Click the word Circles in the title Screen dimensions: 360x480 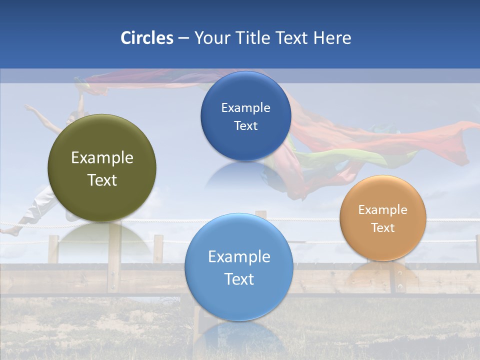(146, 38)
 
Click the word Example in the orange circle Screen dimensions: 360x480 (383, 210)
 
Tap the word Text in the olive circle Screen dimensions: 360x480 (102, 180)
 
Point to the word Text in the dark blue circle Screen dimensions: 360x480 (246, 126)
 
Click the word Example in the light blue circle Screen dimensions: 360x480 (239, 257)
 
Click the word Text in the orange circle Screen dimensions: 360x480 (383, 228)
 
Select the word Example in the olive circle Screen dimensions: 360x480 (102, 158)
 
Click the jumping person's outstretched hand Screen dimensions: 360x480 (27, 106)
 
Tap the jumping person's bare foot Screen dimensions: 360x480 (7, 231)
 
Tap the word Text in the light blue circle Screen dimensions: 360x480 (239, 279)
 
